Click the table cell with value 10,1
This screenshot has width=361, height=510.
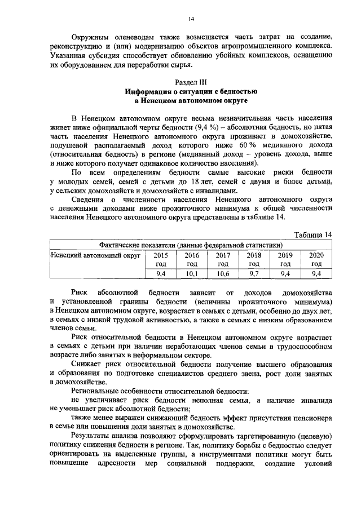pos(192,273)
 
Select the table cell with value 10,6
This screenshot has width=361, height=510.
pos(223,273)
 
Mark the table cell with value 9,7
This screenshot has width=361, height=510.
pos(254,273)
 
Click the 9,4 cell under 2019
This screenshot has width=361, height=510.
pos(285,273)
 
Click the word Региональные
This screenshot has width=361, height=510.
pos(97,390)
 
